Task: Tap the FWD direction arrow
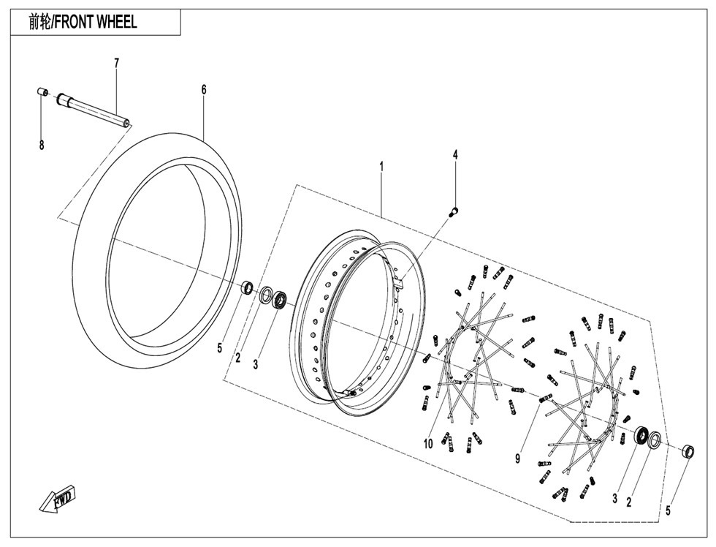57,498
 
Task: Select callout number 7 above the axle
116,63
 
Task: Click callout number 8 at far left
42,146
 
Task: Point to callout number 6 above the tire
204,89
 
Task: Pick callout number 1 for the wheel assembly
381,167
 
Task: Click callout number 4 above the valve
454,154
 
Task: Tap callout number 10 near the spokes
428,443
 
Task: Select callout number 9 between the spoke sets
517,459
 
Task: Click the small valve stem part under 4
454,211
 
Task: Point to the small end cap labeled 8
42,92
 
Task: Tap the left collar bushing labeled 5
248,288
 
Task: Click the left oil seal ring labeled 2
265,295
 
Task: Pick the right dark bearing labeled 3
642,434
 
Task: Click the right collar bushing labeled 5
688,451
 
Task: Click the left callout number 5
220,348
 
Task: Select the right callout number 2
629,502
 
